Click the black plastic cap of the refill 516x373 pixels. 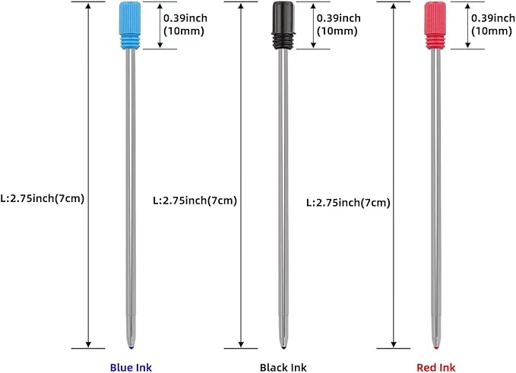coord(283,25)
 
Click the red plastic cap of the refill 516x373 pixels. coord(435,25)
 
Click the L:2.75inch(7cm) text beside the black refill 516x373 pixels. coord(195,201)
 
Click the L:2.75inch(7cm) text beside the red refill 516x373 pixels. coord(348,203)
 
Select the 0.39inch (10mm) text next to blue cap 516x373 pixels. coord(188,24)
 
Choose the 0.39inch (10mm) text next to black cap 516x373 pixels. coord(340,24)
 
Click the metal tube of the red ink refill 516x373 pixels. coord(435,190)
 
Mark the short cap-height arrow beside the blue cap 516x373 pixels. coord(160,25)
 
